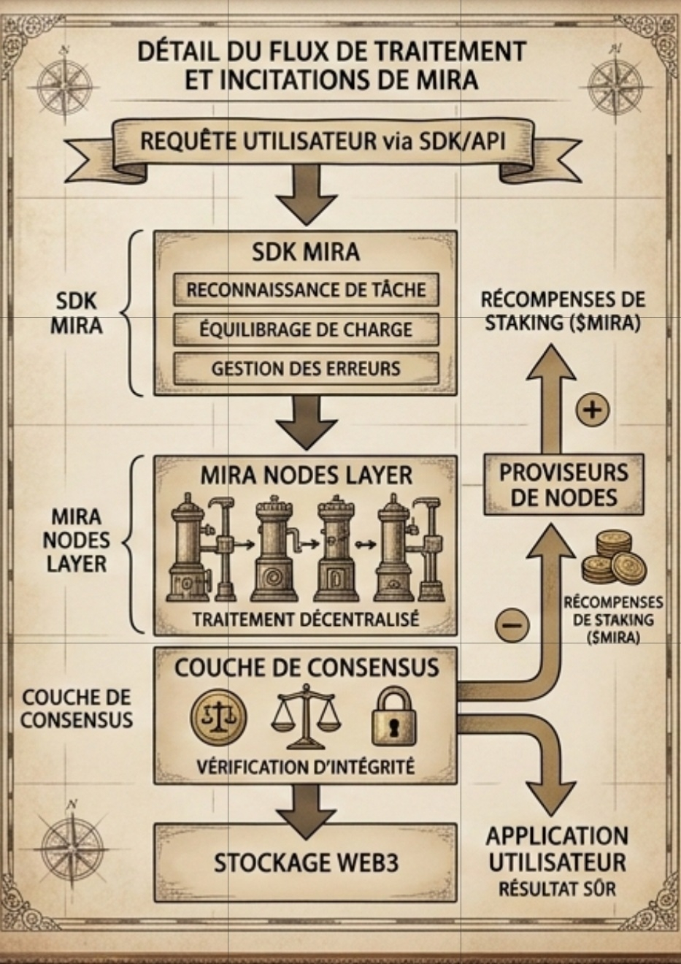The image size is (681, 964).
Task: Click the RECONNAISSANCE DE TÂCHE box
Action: coord(306,290)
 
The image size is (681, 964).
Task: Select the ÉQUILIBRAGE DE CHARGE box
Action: coord(306,329)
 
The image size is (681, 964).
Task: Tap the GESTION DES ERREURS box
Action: coord(306,368)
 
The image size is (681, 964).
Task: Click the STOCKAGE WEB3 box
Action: coord(306,862)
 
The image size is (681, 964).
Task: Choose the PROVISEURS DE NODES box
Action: coord(563,484)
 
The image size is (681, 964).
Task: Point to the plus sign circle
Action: coord(593,409)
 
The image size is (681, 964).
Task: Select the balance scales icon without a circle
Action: coord(306,719)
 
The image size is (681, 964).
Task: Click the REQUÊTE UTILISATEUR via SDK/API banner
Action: coord(322,140)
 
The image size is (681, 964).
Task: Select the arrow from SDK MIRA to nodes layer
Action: coord(306,423)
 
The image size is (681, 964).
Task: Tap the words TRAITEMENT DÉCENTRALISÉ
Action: coord(306,619)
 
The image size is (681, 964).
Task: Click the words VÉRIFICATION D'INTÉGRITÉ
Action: coord(306,767)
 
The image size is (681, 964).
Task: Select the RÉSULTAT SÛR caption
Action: coord(557,889)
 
